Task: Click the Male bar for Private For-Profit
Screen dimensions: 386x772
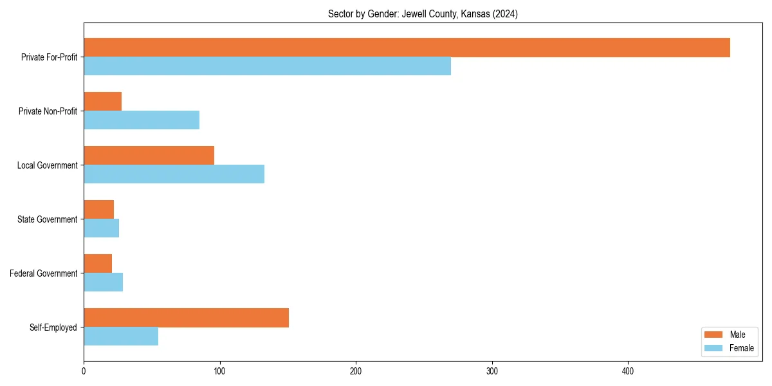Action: [x=407, y=48]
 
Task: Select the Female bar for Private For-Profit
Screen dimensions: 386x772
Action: [x=267, y=66]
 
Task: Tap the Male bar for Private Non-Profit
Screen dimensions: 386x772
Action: [x=102, y=102]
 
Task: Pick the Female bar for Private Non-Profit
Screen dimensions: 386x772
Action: [x=142, y=120]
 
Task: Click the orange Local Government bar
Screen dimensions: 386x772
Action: [x=149, y=156]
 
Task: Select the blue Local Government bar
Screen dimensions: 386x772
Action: [x=174, y=174]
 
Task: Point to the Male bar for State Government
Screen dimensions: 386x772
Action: [x=98, y=210]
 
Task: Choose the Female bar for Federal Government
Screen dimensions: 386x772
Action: [x=103, y=282]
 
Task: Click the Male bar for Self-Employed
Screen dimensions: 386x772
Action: [x=186, y=318]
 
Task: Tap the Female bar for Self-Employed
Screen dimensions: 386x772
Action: [x=121, y=336]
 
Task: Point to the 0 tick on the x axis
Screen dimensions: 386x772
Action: [x=84, y=371]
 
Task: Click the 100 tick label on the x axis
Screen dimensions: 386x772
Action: [x=219, y=371]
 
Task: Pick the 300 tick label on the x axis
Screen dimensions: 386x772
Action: [x=492, y=371]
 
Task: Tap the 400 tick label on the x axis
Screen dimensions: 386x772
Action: [x=628, y=371]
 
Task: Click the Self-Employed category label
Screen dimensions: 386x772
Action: [x=53, y=327]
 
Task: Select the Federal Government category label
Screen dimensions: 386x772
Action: [x=44, y=273]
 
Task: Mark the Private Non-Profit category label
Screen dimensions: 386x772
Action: [x=48, y=111]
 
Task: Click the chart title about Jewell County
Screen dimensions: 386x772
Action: [x=423, y=14]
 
